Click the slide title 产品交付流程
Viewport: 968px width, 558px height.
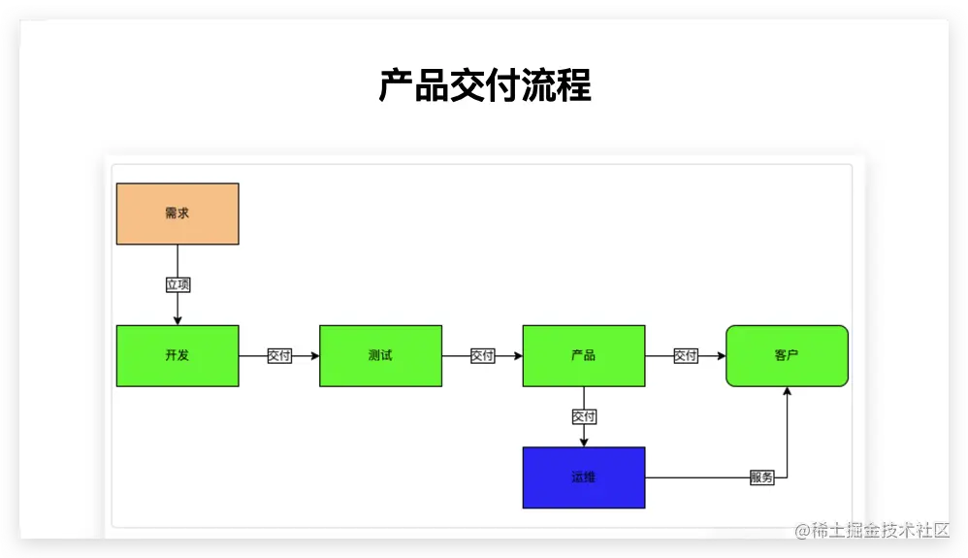[484, 86]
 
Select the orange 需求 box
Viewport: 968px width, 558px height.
[177, 213]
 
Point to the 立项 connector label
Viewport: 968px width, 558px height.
[177, 284]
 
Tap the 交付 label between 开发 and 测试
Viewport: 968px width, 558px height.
[279, 356]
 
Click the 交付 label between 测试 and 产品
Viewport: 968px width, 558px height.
[482, 356]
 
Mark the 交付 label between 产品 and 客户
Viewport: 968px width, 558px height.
[685, 356]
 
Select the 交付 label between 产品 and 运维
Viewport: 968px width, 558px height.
[584, 416]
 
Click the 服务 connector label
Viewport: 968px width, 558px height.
[761, 477]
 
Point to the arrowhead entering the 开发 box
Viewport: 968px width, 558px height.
[177, 320]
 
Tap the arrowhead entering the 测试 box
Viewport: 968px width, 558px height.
[314, 356]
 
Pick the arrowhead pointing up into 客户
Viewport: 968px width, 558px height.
[787, 391]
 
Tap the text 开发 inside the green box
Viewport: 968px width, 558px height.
[177, 355]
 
